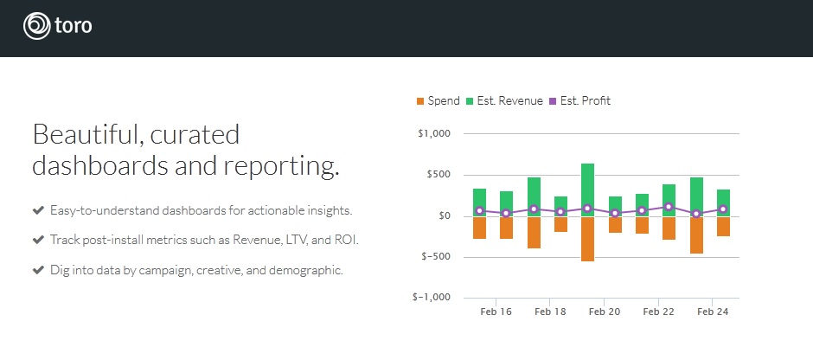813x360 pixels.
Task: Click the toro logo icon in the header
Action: coord(37,26)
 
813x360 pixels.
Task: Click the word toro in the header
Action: coord(74,26)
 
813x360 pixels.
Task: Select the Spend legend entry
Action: coord(439,101)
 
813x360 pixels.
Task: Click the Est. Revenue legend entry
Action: coord(504,101)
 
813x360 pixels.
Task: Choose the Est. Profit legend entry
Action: coord(579,101)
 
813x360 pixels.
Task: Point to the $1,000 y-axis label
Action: coord(434,134)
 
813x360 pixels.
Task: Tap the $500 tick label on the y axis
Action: coord(439,175)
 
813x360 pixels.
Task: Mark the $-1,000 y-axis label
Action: coord(432,297)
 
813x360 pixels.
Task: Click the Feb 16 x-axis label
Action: coord(496,312)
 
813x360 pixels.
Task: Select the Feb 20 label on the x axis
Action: coord(605,312)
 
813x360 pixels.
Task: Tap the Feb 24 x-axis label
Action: coord(713,312)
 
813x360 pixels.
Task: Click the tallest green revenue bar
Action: coord(587,190)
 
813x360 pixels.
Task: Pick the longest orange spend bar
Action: coord(587,239)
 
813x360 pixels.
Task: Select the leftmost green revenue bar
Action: coord(480,202)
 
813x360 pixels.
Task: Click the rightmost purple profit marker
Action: coord(723,209)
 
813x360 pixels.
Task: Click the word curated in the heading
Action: coord(195,135)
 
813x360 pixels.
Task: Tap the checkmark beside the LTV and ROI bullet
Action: coord(38,241)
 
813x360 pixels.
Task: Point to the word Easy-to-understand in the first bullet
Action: coord(104,210)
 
